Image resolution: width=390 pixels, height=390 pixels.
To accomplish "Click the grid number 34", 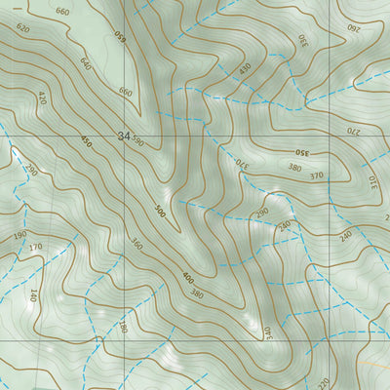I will (122, 136).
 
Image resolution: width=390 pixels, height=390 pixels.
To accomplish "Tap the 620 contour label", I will (23, 29).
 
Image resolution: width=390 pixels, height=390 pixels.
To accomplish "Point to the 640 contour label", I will (85, 63).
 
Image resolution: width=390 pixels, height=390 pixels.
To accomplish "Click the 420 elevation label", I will (41, 97).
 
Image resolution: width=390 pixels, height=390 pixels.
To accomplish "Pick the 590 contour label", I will (138, 141).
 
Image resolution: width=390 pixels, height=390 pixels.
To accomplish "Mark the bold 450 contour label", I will (87, 141).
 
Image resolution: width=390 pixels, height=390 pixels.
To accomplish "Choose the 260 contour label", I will (354, 30).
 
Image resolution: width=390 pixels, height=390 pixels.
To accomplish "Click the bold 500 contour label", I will (159, 211).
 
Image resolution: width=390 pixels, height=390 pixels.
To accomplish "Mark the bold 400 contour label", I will (187, 278).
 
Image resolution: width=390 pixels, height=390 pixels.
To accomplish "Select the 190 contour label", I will (19, 236).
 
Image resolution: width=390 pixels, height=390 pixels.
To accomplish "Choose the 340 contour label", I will (264, 332).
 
